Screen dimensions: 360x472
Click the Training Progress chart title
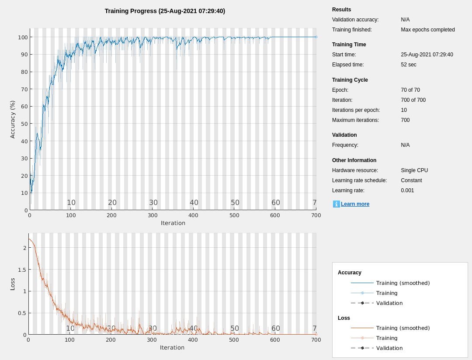(x=165, y=11)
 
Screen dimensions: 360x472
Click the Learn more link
(x=355, y=204)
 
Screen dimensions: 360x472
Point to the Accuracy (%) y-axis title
(x=13, y=119)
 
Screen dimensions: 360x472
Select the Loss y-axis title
(x=13, y=284)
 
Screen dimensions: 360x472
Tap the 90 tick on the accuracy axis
(x=22, y=55)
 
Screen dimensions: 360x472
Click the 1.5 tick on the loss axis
(x=21, y=270)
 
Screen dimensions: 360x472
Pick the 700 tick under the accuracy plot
(x=316, y=215)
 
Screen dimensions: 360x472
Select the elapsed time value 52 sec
(x=409, y=65)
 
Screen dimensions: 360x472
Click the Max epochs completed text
(x=428, y=30)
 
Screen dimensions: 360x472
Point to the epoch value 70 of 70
(x=410, y=90)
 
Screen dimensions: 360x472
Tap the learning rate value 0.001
(x=407, y=190)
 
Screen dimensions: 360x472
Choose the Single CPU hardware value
(x=414, y=170)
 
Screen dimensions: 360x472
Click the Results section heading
(x=341, y=10)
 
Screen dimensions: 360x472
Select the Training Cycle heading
(x=350, y=80)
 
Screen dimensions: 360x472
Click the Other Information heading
(x=354, y=160)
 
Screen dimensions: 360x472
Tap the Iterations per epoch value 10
(x=404, y=110)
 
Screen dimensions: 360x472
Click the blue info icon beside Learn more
(x=336, y=204)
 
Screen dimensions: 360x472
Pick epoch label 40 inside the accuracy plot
(x=194, y=203)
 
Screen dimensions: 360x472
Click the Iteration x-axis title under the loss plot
(x=172, y=348)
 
